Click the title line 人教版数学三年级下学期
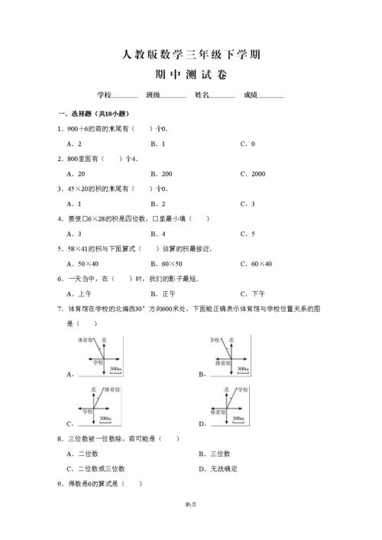coord(191,54)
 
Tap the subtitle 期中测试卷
coord(191,75)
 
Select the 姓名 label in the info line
coord(202,95)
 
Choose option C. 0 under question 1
coord(248,144)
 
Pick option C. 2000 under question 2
coord(252,173)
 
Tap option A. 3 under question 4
coord(74,234)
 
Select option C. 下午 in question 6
coord(252,293)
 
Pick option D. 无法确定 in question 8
coord(217,468)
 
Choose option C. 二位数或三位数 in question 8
coord(95,468)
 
